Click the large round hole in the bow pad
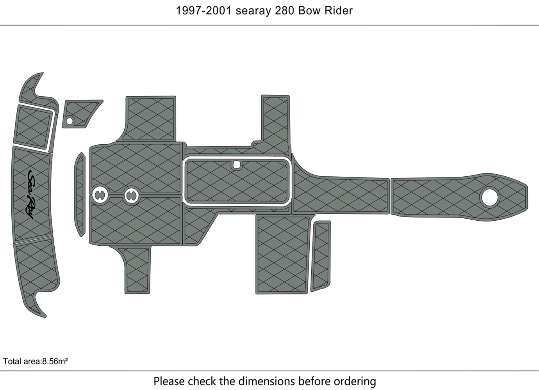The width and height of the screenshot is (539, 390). pyautogui.click(x=490, y=197)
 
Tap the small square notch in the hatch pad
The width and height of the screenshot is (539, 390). pyautogui.click(x=237, y=165)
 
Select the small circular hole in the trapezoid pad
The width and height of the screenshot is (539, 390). pyautogui.click(x=70, y=121)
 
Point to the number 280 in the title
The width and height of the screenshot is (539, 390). pyautogui.click(x=284, y=11)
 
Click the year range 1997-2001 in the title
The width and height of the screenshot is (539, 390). pyautogui.click(x=204, y=11)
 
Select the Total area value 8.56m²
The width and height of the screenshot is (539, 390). pyautogui.click(x=55, y=361)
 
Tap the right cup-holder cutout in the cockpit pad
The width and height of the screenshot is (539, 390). pyautogui.click(x=131, y=195)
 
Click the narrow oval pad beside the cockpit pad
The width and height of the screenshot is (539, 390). pyautogui.click(x=80, y=194)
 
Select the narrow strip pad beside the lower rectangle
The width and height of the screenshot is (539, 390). pyautogui.click(x=321, y=256)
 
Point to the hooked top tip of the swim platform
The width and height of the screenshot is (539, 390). pyautogui.click(x=43, y=73)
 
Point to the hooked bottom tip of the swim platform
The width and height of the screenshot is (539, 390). pyautogui.click(x=45, y=317)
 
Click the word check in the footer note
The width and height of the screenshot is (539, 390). pyautogui.click(x=202, y=381)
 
